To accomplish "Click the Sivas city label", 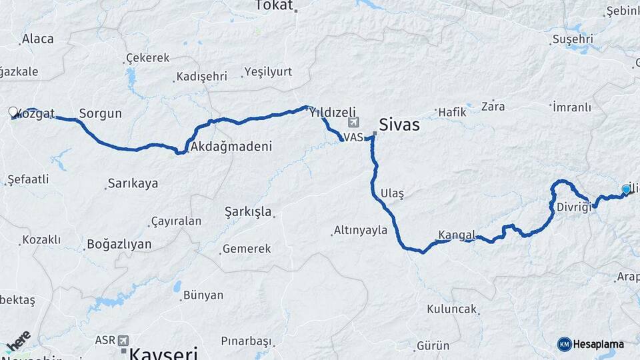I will click(x=399, y=125).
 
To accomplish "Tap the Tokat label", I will click(x=274, y=6).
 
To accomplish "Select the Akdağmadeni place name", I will click(x=231, y=147).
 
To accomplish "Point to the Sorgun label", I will click(x=100, y=114).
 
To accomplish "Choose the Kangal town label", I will click(x=457, y=235).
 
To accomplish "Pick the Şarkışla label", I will click(x=248, y=212).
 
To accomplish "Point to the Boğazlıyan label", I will click(x=119, y=245).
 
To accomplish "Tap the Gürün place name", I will click(x=433, y=346).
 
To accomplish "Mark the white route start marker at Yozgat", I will click(x=13, y=111).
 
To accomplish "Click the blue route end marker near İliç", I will click(x=626, y=190).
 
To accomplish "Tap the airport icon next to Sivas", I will click(x=353, y=123).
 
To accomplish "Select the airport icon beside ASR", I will click(x=124, y=341).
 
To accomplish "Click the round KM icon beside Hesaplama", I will click(x=565, y=344).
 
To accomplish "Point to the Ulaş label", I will click(x=392, y=193).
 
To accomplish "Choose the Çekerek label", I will click(x=148, y=58).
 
